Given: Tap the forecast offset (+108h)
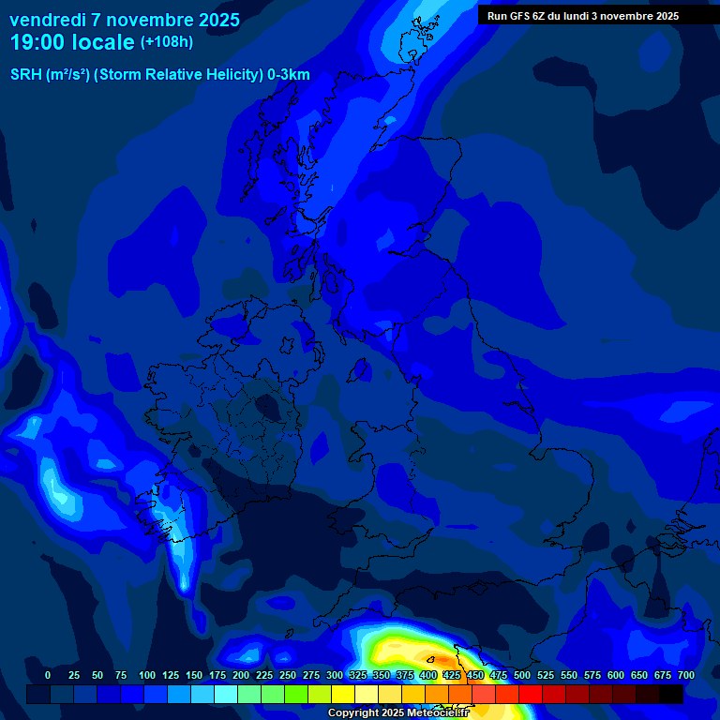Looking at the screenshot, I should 166,42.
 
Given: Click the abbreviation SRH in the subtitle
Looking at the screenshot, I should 26,75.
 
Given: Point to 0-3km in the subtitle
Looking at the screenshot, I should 288,75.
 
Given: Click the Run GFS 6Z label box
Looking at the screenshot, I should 583,16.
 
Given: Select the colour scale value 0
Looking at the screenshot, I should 48,675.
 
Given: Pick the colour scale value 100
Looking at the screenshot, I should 147,675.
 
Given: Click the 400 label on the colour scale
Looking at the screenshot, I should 428,675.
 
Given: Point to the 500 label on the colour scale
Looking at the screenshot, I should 522,675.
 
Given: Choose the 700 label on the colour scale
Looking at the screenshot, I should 686,675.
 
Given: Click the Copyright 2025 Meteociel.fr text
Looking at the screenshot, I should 397,713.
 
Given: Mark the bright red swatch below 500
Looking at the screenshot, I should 530,695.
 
